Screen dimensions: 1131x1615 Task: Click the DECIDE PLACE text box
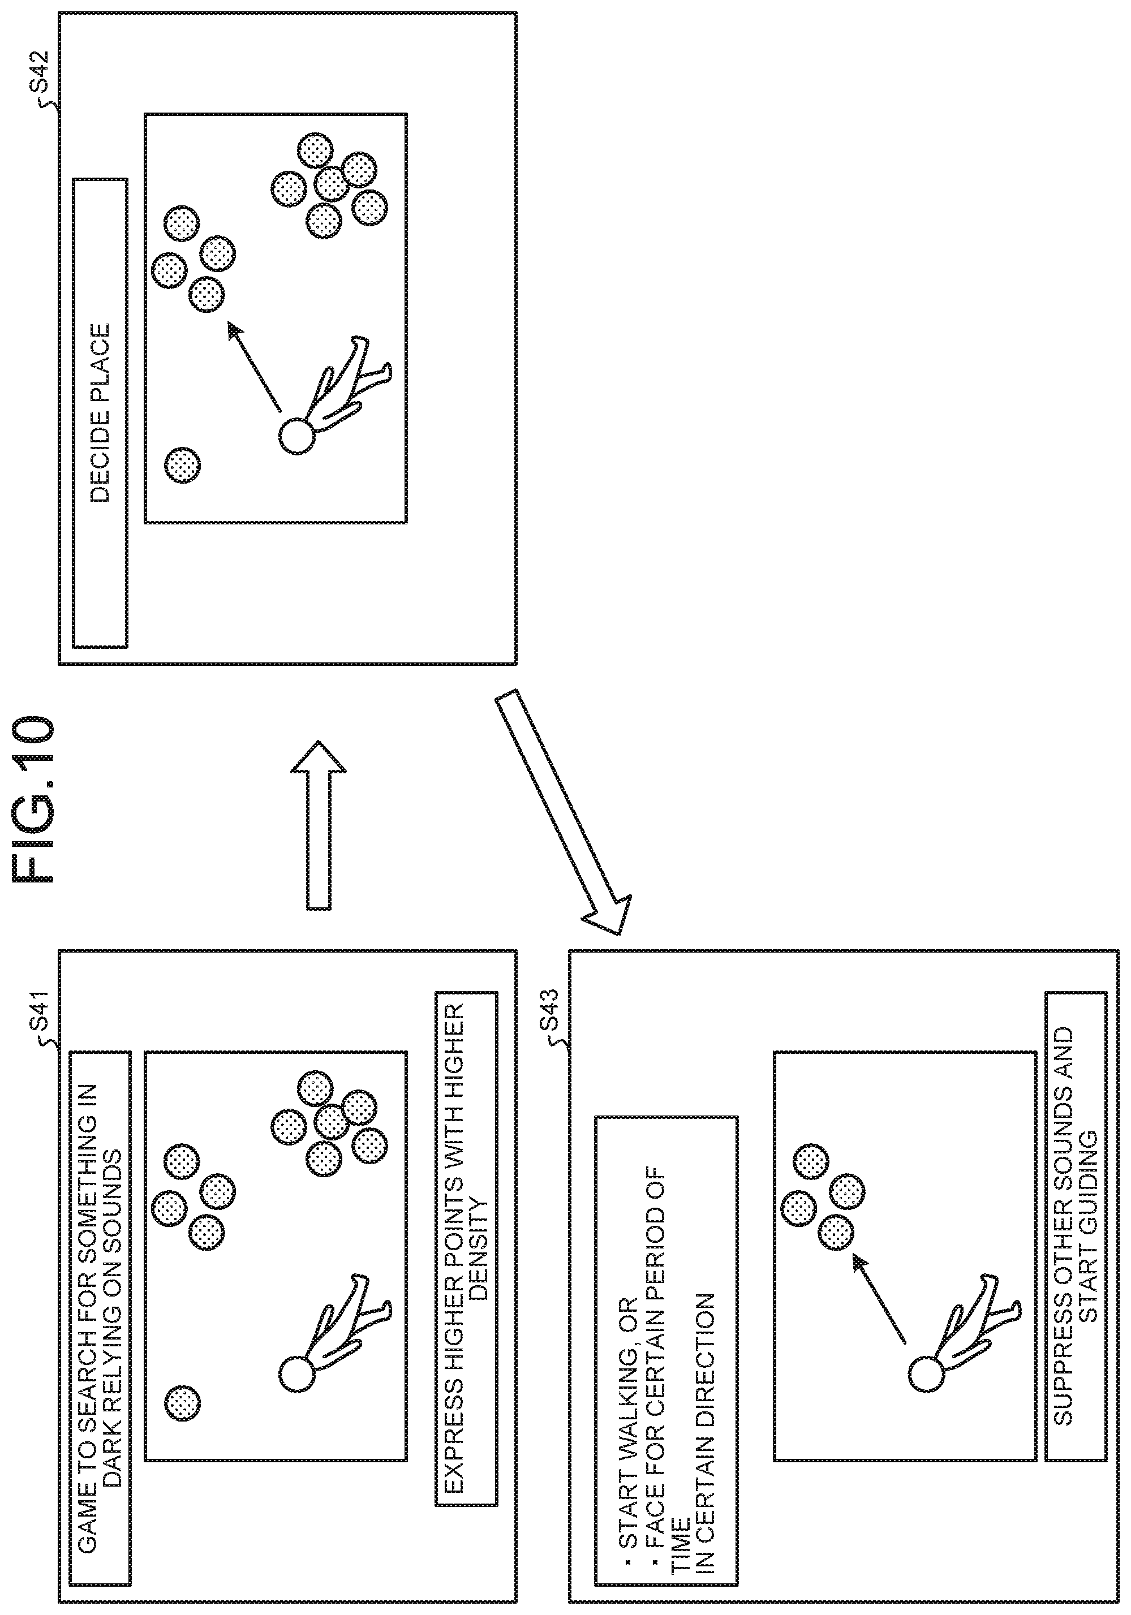(x=101, y=413)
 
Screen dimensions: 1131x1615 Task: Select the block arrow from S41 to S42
(x=319, y=825)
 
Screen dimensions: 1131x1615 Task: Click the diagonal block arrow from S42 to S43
(x=563, y=813)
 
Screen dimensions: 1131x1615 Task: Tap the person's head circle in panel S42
(x=296, y=437)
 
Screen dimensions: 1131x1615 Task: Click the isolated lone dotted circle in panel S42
(x=182, y=464)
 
